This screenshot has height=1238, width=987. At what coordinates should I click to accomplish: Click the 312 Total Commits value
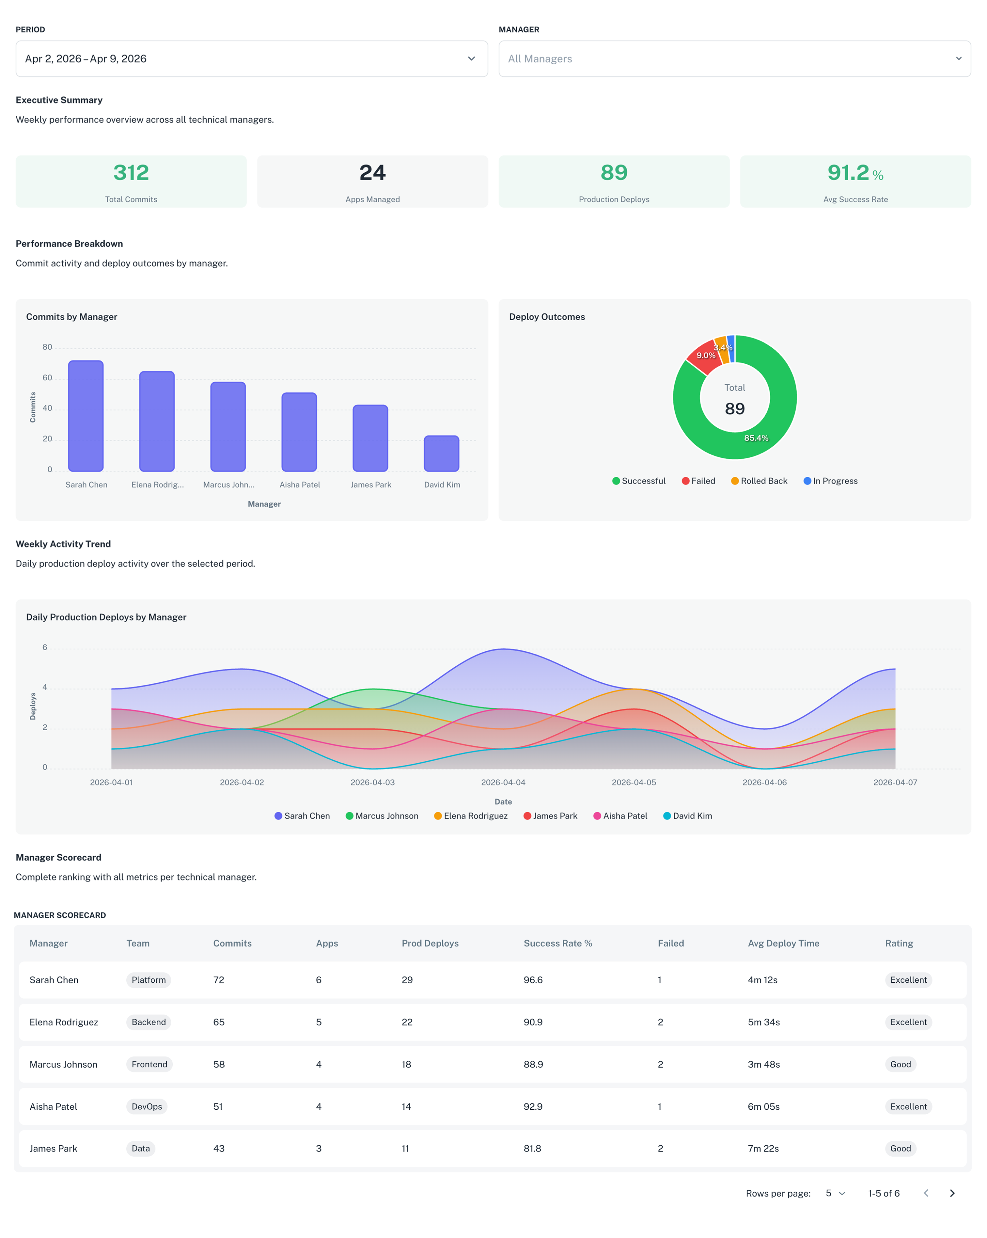(x=131, y=173)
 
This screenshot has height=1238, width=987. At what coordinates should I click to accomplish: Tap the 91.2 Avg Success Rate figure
(x=848, y=173)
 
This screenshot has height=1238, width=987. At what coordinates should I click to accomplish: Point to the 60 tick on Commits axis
(x=47, y=378)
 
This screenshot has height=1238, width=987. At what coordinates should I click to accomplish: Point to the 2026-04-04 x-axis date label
(x=503, y=783)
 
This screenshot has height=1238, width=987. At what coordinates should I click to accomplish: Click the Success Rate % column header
(x=557, y=944)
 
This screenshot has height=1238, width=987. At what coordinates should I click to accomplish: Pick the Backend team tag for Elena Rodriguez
(x=149, y=1022)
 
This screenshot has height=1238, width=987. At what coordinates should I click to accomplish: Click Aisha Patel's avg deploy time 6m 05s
(x=763, y=1106)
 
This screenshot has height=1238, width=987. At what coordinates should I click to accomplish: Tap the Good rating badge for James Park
(x=900, y=1149)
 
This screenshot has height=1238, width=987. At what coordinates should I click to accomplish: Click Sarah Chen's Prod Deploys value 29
(x=407, y=980)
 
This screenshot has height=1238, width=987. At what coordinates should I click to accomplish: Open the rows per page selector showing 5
(x=835, y=1193)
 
